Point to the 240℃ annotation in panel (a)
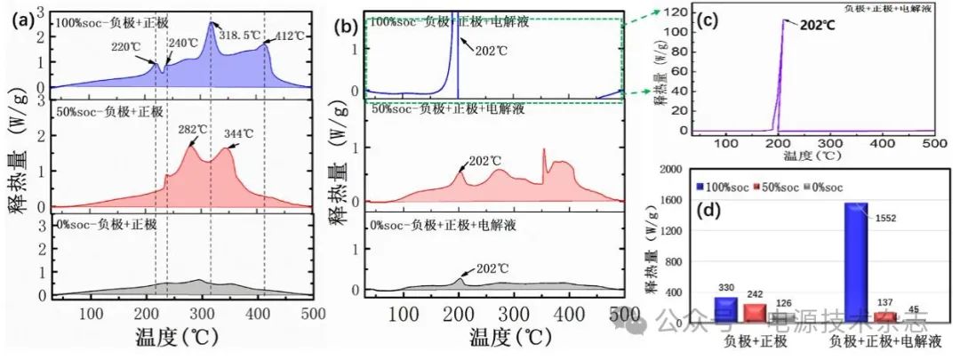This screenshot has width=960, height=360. tap(182, 42)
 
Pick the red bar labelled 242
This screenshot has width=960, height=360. tap(754, 312)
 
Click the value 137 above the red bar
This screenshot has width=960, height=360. tap(885, 303)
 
